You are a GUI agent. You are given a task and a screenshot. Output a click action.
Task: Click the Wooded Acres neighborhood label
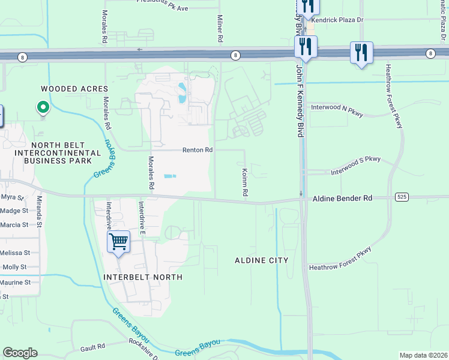pos(66,89)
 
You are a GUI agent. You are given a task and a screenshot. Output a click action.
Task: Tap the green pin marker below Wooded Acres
pos(43,108)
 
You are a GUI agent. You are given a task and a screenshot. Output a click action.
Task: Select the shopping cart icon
pos(119,242)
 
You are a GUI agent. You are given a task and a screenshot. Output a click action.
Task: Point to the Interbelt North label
pos(142,277)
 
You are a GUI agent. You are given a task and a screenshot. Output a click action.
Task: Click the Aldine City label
pos(261,260)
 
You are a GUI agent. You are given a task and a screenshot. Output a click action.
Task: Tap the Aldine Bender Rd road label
pos(342,197)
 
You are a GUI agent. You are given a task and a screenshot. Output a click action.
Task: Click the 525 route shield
pos(402,197)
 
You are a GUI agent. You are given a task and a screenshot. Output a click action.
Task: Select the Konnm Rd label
pos(245,184)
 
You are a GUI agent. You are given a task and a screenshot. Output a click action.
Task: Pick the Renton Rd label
pos(198,150)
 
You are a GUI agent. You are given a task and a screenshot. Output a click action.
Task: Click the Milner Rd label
pos(220,28)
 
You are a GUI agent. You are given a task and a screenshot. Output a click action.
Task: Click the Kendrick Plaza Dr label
pos(338,20)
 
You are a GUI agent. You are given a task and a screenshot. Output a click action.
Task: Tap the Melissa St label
pos(14,253)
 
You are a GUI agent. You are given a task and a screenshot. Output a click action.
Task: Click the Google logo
pos(20,353)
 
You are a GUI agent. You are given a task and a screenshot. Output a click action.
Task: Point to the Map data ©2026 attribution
pos(423,355)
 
